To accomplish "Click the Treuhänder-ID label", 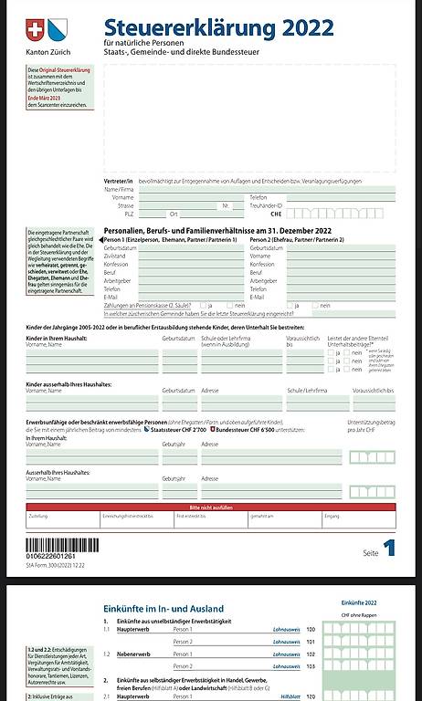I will [x=267, y=205].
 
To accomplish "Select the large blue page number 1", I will [x=389, y=548].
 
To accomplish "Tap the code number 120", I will [x=310, y=630].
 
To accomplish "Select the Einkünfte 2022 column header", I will [x=358, y=604].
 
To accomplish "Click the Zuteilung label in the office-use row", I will [x=38, y=516].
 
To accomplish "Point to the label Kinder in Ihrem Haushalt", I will [x=58, y=338].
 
